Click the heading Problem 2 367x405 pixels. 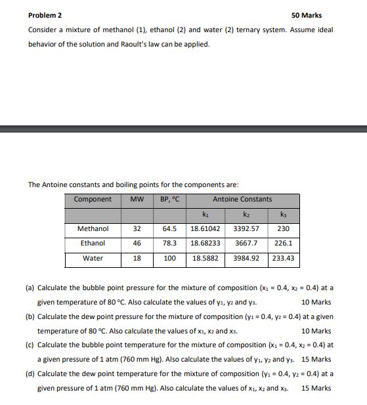pyautogui.click(x=46, y=15)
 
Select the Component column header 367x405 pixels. pyautogui.click(x=93, y=199)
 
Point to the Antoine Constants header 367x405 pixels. pyautogui.click(x=242, y=199)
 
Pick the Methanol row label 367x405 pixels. pyautogui.click(x=93, y=229)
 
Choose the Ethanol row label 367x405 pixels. pyautogui.click(x=93, y=244)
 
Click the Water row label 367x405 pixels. pyautogui.click(x=93, y=258)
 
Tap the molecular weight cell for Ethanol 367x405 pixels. pyautogui.click(x=137, y=244)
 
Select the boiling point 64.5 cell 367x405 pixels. pyautogui.click(x=170, y=229)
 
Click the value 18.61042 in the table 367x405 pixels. pyautogui.click(x=205, y=229)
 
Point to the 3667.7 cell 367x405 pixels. pyautogui.click(x=246, y=244)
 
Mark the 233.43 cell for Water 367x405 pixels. pyautogui.click(x=283, y=258)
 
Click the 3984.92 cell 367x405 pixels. pyautogui.click(x=246, y=258)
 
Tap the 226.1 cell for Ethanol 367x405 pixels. pyautogui.click(x=283, y=244)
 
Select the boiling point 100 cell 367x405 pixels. pyautogui.click(x=170, y=258)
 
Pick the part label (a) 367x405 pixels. pyautogui.click(x=30, y=288)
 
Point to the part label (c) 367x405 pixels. pyautogui.click(x=30, y=345)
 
